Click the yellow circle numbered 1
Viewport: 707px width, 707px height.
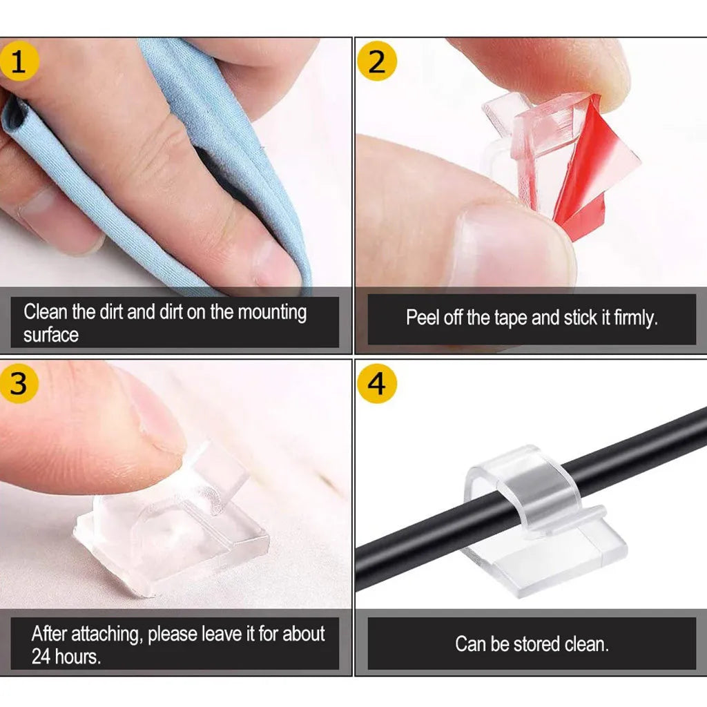pyautogui.click(x=19, y=61)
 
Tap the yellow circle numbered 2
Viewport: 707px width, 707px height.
pyautogui.click(x=377, y=61)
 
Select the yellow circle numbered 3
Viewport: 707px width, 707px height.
pyautogui.click(x=19, y=383)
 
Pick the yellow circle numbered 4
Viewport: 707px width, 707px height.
pyautogui.click(x=377, y=383)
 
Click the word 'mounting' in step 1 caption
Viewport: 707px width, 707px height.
pyautogui.click(x=272, y=312)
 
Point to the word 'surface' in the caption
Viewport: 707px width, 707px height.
pyautogui.click(x=51, y=336)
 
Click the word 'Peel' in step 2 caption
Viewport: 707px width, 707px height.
pyautogui.click(x=420, y=318)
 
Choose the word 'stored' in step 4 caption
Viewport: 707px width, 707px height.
pyautogui.click(x=536, y=644)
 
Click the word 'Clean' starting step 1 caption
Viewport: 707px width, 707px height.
pyautogui.click(x=46, y=312)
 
